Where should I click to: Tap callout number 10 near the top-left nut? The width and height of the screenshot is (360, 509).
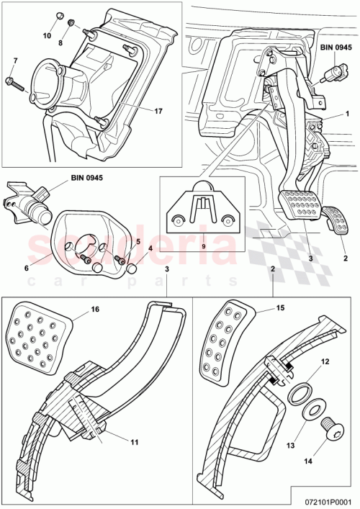coord(48,35)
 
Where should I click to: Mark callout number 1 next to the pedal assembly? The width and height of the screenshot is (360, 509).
coord(347,114)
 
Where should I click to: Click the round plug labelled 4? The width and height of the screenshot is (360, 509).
coord(132,270)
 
